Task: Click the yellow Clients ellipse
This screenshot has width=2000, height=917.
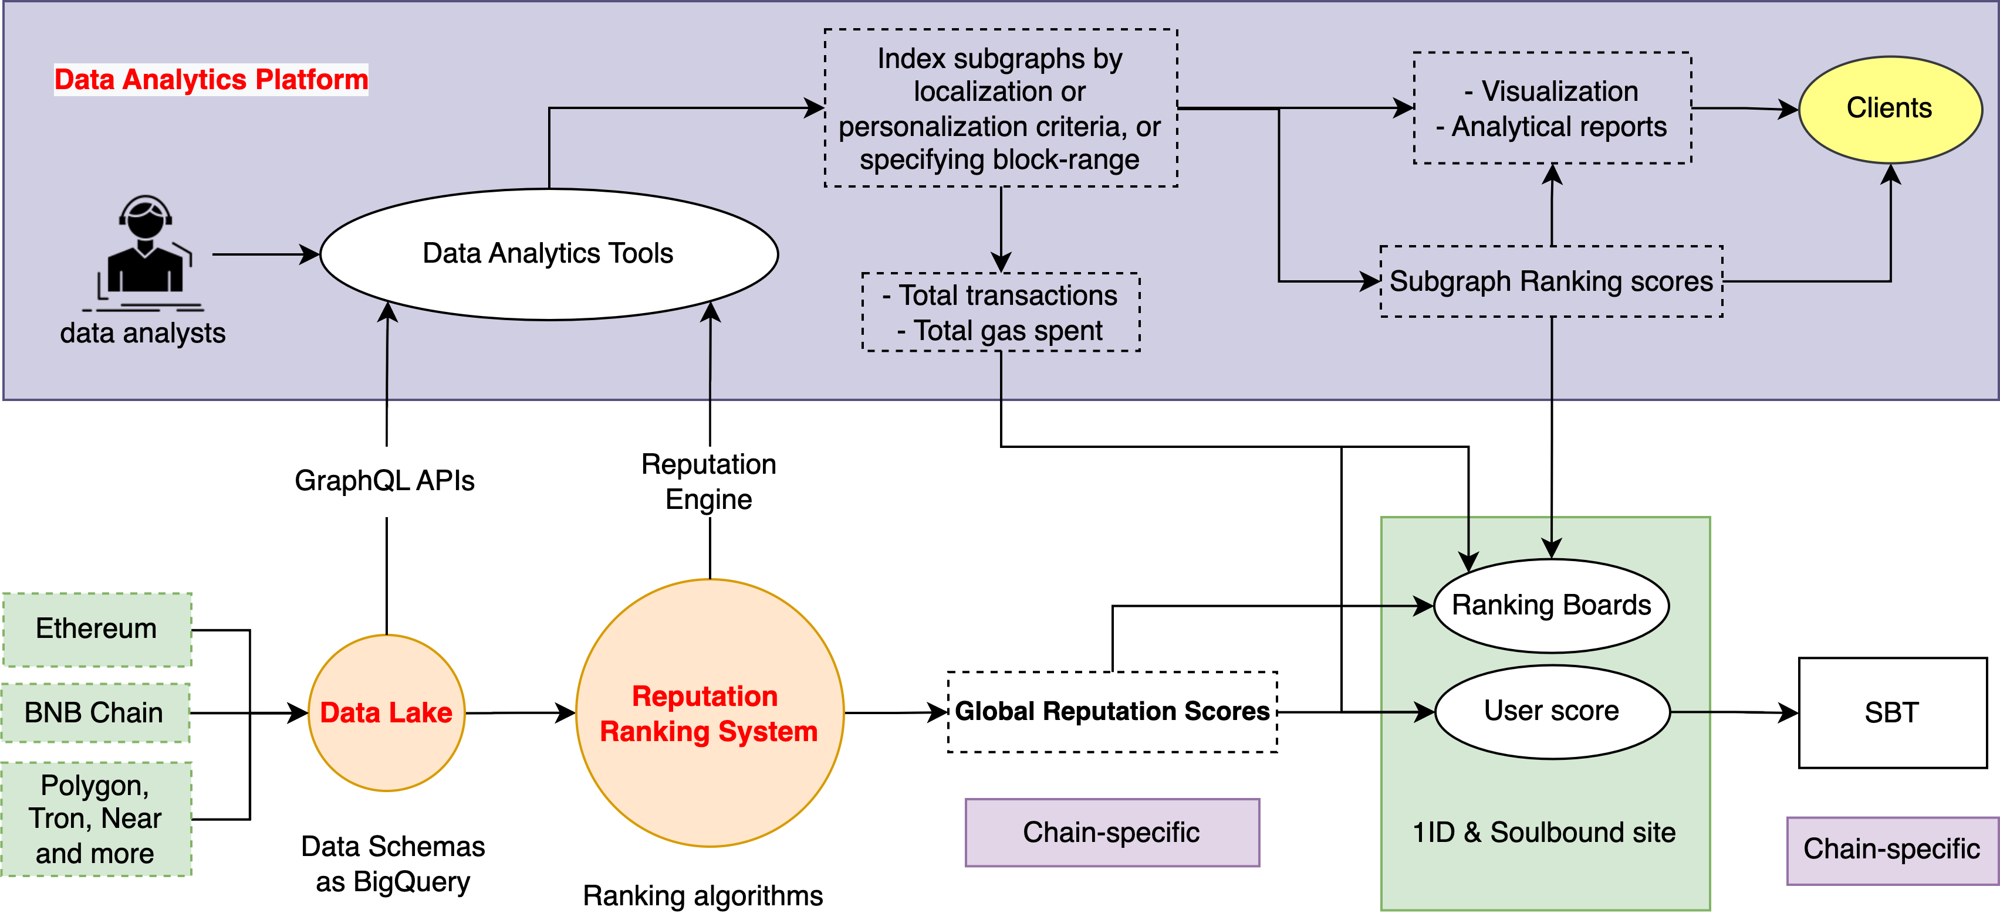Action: click(x=1889, y=108)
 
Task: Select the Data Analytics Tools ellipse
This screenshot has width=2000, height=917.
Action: click(x=548, y=254)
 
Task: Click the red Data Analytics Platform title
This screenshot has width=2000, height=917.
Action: click(x=211, y=80)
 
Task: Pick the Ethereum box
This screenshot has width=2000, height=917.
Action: click(x=96, y=629)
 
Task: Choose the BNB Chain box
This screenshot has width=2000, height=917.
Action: click(x=94, y=713)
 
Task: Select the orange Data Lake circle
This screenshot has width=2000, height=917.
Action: click(x=386, y=713)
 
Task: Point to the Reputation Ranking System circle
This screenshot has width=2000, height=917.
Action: click(x=709, y=713)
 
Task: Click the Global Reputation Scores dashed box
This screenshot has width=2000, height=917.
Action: click(x=1112, y=711)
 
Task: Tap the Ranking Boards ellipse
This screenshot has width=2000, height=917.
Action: click(x=1550, y=605)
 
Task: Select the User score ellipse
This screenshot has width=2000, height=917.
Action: click(x=1551, y=711)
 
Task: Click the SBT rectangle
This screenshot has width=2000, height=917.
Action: click(x=1892, y=713)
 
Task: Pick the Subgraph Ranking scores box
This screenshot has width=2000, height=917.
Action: click(x=1550, y=281)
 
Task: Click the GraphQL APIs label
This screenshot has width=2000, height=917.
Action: click(x=384, y=481)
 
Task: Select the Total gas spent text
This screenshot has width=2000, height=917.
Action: click(x=1007, y=331)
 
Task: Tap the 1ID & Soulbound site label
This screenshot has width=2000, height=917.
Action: click(x=1543, y=833)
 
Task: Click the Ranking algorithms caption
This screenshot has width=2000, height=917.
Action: click(x=702, y=896)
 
